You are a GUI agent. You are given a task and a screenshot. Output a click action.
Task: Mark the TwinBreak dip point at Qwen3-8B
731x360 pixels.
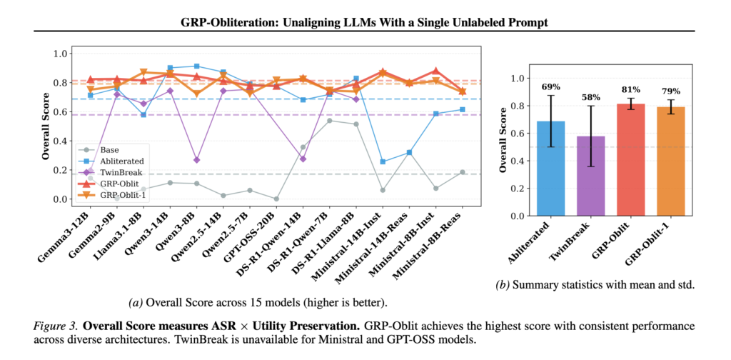[x=196, y=160]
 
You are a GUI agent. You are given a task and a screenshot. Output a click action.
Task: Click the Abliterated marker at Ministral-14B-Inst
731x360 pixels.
[x=383, y=162]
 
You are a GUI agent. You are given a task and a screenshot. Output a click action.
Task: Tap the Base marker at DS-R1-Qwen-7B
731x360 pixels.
[x=329, y=121]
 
